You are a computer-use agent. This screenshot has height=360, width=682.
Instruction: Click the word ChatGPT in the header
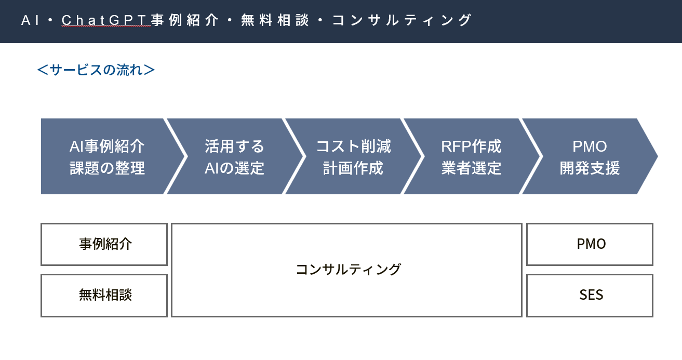click(x=105, y=20)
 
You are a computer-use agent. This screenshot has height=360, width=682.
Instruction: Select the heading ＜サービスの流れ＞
click(x=96, y=70)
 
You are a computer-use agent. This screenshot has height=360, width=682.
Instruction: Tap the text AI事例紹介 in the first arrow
click(x=107, y=146)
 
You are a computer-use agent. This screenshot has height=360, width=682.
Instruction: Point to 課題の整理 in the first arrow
click(x=107, y=168)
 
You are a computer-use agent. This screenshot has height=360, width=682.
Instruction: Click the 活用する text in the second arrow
click(x=234, y=146)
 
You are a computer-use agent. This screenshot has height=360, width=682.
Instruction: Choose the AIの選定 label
click(x=234, y=168)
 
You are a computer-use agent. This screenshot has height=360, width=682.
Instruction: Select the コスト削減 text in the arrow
click(x=353, y=146)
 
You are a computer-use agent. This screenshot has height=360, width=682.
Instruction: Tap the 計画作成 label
click(x=353, y=168)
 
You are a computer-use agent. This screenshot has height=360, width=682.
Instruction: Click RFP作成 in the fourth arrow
click(x=471, y=146)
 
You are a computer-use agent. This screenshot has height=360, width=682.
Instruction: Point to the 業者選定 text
click(x=471, y=168)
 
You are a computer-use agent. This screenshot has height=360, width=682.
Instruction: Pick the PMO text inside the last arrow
click(x=590, y=146)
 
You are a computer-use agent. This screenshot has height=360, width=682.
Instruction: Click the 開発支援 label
click(x=590, y=168)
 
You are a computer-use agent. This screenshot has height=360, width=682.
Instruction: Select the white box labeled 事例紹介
click(x=104, y=244)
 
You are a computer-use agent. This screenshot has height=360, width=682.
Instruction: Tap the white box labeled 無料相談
click(x=104, y=295)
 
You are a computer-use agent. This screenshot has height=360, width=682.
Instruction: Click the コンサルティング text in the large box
click(x=348, y=269)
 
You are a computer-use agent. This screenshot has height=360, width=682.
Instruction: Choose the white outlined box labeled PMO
click(x=590, y=244)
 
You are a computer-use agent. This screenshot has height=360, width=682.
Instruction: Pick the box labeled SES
click(x=590, y=295)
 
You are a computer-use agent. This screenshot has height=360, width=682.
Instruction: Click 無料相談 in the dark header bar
click(x=275, y=20)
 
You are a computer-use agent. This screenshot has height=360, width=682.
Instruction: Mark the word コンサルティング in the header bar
click(x=402, y=20)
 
